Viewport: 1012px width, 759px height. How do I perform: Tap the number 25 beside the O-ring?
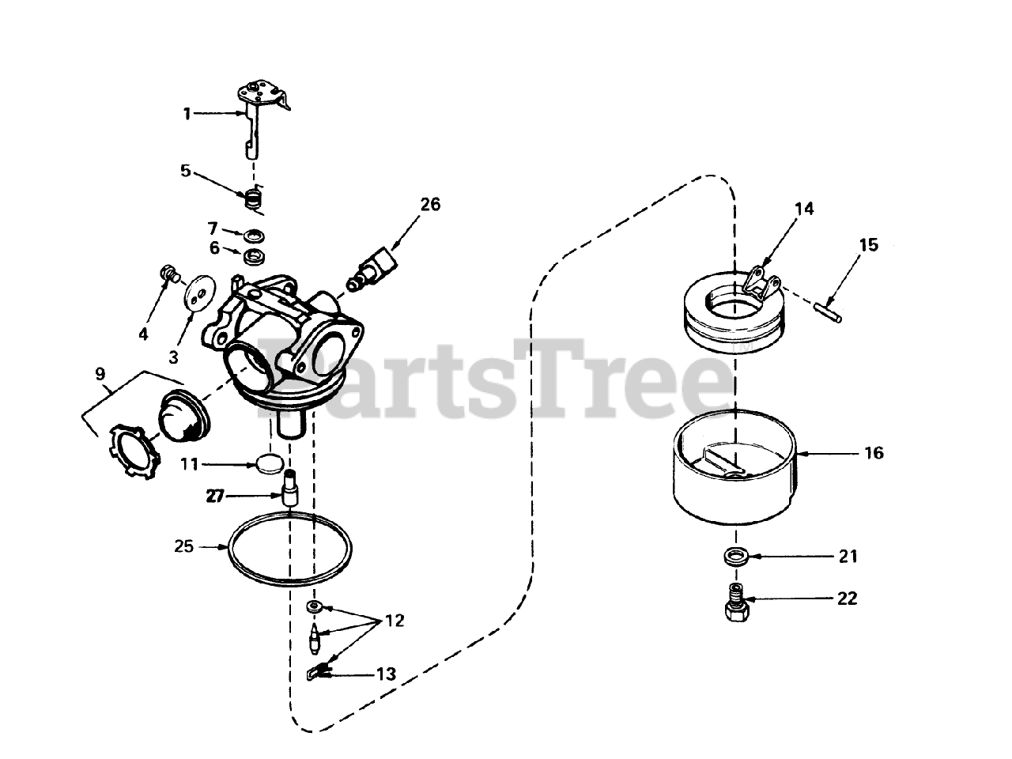[x=183, y=546]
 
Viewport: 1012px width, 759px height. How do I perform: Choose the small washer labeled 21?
[x=735, y=557]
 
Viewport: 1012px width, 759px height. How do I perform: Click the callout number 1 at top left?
[x=187, y=114]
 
